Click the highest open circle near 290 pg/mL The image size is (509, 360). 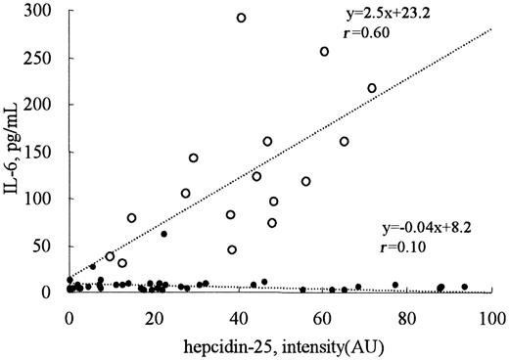tap(241, 18)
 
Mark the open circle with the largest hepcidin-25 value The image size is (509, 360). tap(372, 88)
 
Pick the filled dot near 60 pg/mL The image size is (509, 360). tap(164, 234)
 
